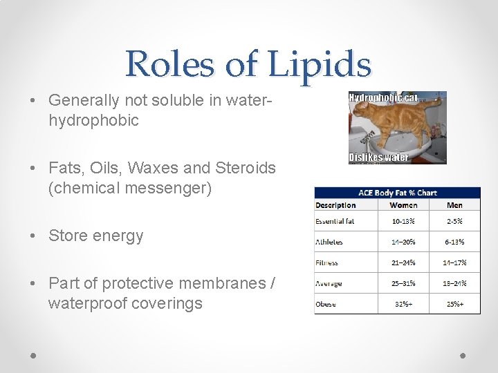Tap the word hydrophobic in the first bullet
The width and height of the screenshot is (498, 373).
(x=93, y=120)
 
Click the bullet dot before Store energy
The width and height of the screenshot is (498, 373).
(x=35, y=236)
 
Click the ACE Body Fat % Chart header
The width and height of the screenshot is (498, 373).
(x=397, y=193)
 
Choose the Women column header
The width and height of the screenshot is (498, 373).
(x=403, y=205)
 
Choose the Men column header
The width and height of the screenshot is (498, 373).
(x=454, y=205)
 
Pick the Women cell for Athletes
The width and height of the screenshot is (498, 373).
(x=403, y=242)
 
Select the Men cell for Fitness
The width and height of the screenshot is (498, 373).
(x=454, y=262)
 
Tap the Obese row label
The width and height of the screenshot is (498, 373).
(x=326, y=304)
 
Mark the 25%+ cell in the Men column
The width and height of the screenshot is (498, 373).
(x=454, y=304)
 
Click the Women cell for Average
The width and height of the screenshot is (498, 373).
(x=403, y=283)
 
